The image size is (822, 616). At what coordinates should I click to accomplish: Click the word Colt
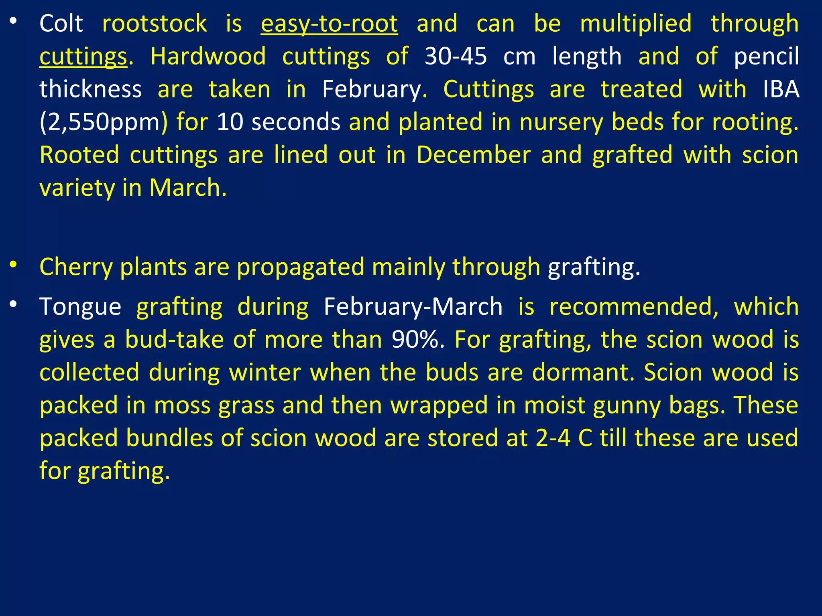61,23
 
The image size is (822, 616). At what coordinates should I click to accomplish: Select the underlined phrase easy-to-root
329,23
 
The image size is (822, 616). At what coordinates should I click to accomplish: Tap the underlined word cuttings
83,56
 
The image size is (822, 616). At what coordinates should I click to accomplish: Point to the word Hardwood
208,56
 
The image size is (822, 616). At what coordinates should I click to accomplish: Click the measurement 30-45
456,56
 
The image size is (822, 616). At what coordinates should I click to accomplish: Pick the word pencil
766,56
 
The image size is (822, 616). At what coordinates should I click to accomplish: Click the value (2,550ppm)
104,122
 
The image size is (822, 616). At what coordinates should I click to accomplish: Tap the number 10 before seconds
230,122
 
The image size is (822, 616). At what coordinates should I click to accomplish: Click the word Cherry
76,267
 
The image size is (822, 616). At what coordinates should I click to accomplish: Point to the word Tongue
80,307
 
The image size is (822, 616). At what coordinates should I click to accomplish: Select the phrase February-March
413,307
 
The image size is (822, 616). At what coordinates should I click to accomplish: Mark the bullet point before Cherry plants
13,265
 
